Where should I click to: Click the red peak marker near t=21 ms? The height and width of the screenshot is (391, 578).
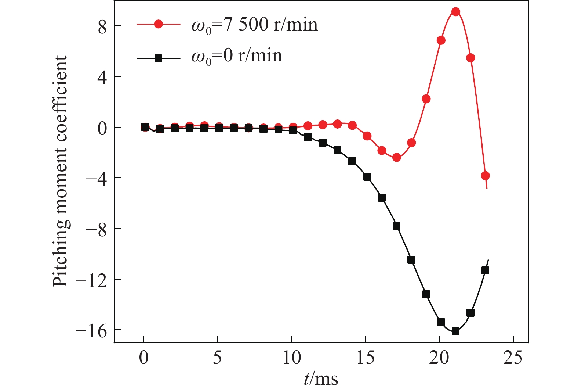point(455,12)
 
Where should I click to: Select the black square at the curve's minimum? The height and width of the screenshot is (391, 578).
point(455,331)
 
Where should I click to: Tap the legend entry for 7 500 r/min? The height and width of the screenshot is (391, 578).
point(254,25)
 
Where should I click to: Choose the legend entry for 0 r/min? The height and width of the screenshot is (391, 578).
point(237,56)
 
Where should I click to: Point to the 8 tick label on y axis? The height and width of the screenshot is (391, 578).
point(102,26)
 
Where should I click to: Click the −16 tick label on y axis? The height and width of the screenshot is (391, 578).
point(91,331)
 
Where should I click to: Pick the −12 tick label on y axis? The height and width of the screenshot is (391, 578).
point(91,280)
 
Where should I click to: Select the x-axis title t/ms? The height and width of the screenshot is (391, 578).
point(321,379)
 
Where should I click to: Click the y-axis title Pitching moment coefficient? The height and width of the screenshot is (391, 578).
point(60,171)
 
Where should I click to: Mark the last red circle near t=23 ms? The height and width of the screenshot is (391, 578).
point(485,176)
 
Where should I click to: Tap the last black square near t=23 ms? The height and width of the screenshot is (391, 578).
point(485,270)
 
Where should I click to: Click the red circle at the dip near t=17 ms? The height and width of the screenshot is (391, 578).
point(396,158)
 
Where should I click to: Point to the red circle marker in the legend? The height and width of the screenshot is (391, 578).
point(158,24)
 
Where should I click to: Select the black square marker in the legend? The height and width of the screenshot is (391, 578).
point(158,58)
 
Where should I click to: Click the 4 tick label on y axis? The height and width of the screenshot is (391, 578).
point(102,77)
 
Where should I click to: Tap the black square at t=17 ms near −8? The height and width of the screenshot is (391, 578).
point(396,226)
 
